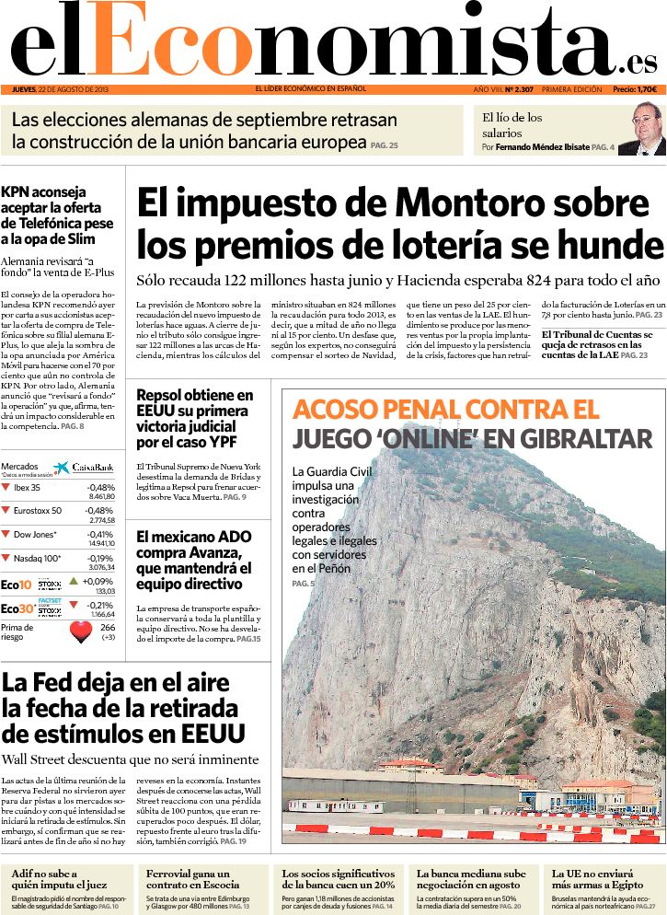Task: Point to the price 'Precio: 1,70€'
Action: (634, 89)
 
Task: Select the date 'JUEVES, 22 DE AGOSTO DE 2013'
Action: (61, 89)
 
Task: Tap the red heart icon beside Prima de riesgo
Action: (82, 631)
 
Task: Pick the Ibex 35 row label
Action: (28, 487)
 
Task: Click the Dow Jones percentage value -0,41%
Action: (100, 534)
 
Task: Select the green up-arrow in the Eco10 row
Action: (74, 581)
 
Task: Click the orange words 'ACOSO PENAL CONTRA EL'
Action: (445, 410)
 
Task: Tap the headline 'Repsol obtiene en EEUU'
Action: (194, 403)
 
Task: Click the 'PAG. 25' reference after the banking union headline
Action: (385, 145)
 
